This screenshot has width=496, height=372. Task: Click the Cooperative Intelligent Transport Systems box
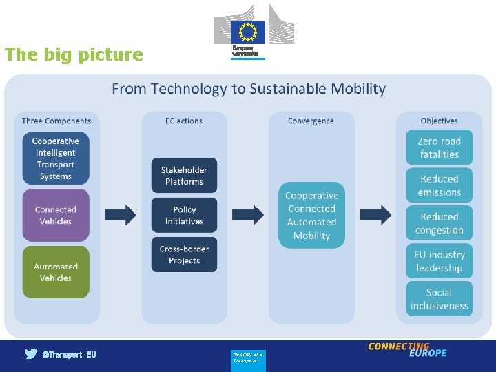point(56,158)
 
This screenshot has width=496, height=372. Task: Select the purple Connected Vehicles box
point(56,215)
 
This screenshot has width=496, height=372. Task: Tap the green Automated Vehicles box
point(56,272)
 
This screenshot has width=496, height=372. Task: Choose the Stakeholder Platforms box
point(184,176)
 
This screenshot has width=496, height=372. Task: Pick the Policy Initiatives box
point(184,215)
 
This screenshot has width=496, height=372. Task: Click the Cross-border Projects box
point(184,254)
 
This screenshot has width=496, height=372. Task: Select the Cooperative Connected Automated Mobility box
point(311,215)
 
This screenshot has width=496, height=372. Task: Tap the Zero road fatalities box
point(439,147)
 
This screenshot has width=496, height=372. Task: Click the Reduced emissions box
point(439,185)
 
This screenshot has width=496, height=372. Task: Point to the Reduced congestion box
point(439,223)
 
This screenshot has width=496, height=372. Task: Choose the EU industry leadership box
point(439,261)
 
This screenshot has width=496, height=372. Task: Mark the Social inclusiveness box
point(439,299)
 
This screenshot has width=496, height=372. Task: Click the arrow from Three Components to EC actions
point(121,215)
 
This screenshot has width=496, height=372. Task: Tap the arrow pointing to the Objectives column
point(375,215)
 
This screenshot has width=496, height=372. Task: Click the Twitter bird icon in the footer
point(31,354)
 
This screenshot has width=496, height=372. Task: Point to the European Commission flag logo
point(248,32)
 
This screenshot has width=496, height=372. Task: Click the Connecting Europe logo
point(407,349)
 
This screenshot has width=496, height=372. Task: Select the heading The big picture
point(74,54)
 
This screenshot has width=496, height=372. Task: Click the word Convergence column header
point(311,121)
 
